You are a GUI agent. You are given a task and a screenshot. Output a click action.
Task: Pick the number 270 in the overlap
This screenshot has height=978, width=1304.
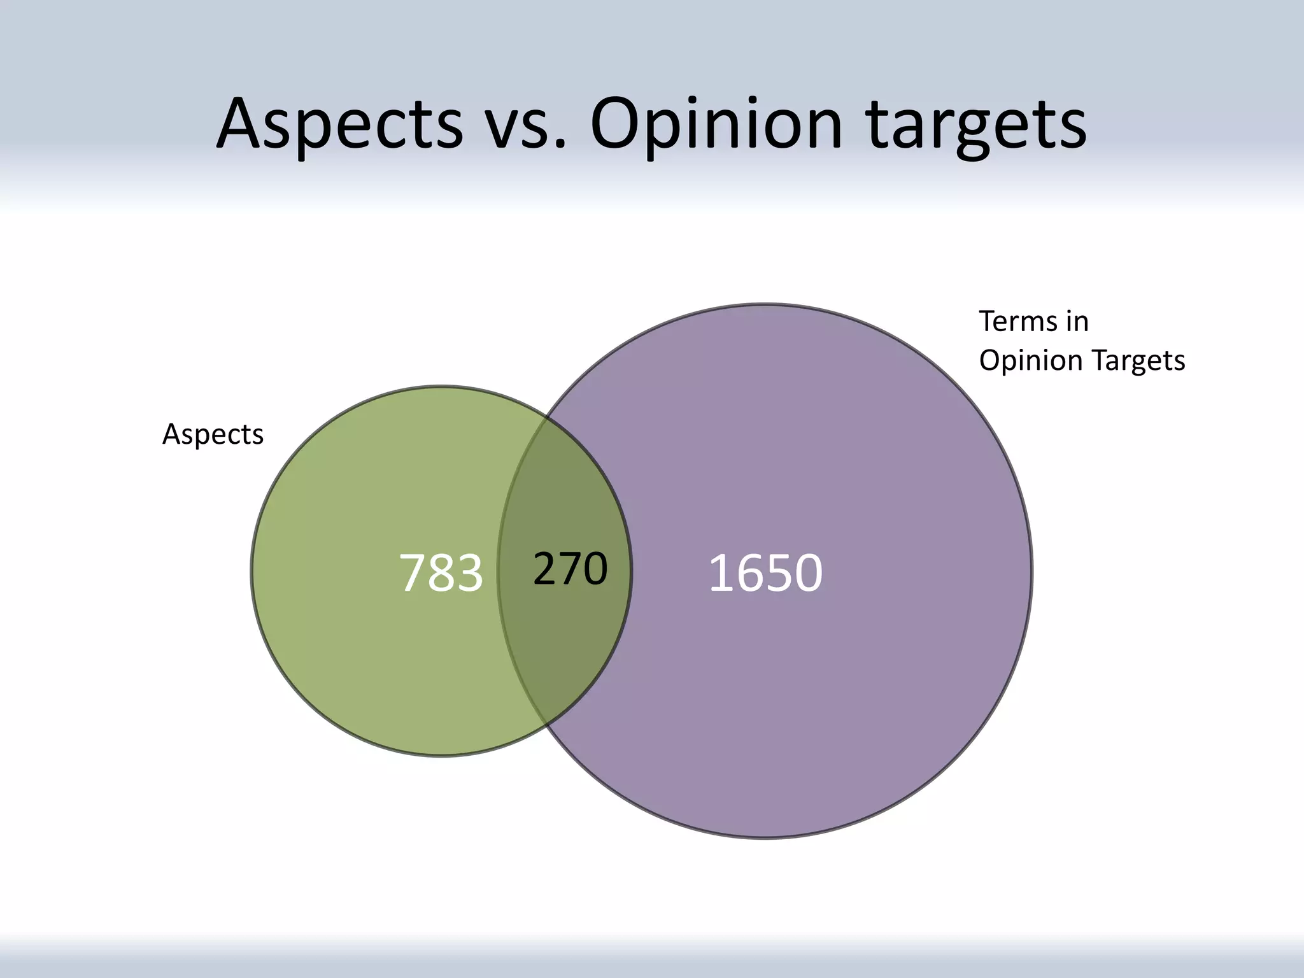(x=570, y=569)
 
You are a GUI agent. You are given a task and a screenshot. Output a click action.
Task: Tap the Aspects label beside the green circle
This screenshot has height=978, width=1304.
(x=213, y=434)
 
